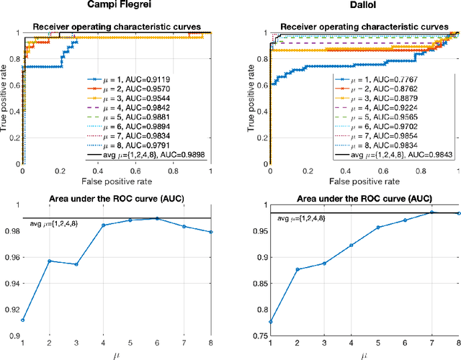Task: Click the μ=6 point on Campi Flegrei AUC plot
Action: pos(157,218)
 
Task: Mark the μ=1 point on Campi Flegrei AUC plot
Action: pos(22,320)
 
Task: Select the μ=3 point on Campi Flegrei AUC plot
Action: pos(76,264)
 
